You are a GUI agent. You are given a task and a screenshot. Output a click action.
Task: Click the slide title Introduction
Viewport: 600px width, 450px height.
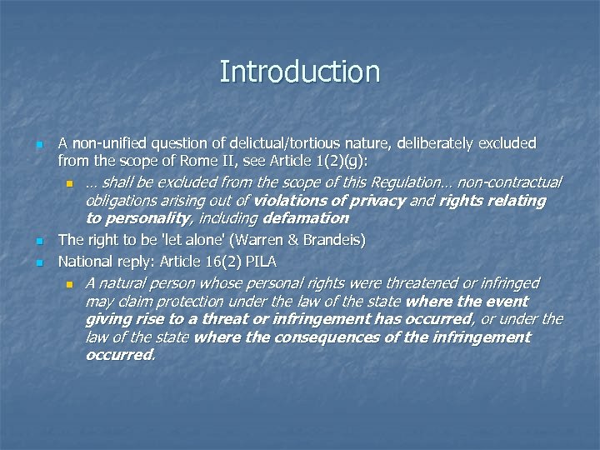[300, 72]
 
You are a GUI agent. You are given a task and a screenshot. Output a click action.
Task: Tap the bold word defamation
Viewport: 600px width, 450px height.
[306, 218]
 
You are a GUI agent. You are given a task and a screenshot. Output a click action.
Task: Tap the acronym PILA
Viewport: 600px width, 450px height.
[259, 261]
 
